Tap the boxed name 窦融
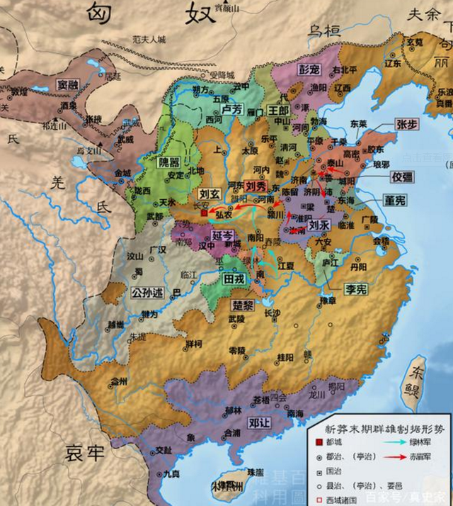[73, 84]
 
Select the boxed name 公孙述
[148, 290]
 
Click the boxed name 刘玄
[207, 193]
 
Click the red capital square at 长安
[205, 211]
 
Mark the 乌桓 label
[321, 30]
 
